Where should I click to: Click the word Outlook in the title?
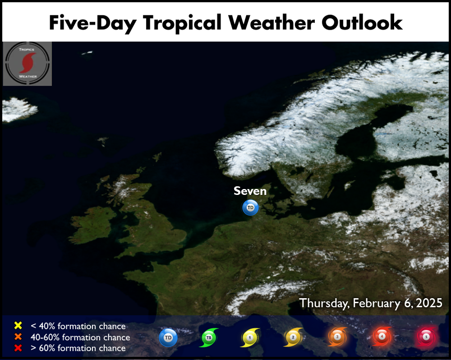point(362,23)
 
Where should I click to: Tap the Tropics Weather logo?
point(28,64)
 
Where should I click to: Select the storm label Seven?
point(250,191)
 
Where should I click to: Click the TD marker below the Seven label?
point(250,208)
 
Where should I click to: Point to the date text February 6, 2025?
point(397,303)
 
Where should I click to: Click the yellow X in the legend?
point(18,325)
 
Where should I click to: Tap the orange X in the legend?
point(18,337)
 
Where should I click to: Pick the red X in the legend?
point(18,348)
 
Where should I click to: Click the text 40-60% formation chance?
point(80,337)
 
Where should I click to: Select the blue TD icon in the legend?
point(168,337)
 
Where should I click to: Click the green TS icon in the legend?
point(209,337)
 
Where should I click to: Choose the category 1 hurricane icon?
point(250,337)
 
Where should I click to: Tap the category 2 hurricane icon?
point(293,337)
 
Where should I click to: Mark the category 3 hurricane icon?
point(337,337)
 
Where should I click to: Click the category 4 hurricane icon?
point(382,336)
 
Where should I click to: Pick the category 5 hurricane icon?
point(426,337)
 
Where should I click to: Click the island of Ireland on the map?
point(92,225)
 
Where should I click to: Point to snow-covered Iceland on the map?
point(18,109)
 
